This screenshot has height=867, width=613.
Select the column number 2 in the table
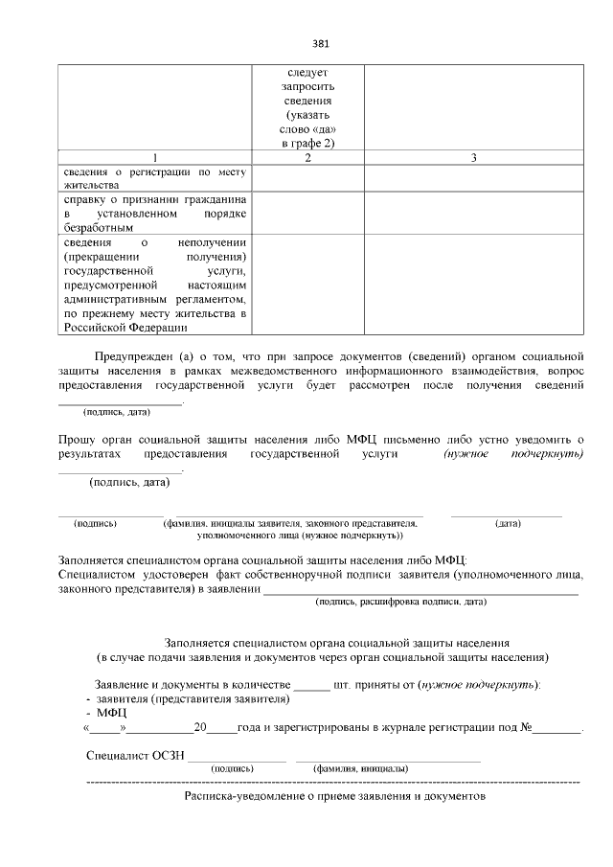point(307,157)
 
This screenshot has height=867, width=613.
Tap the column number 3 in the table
point(473,157)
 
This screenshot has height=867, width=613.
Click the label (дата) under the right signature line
point(508,524)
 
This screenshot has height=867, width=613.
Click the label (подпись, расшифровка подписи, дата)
point(400,602)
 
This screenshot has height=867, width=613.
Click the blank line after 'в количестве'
point(310,685)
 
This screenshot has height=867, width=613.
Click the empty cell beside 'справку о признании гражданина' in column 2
point(307,214)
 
